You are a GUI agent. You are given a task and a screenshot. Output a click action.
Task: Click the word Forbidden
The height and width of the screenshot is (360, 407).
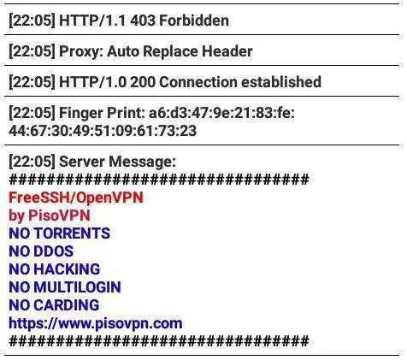(x=194, y=21)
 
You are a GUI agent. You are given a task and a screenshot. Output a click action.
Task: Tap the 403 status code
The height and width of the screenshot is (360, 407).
(x=143, y=21)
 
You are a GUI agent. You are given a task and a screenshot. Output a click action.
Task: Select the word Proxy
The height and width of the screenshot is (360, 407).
(x=81, y=51)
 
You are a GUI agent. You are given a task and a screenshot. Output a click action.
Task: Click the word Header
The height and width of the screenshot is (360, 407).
(x=227, y=51)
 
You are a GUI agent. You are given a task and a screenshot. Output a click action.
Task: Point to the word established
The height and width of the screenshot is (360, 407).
(x=281, y=82)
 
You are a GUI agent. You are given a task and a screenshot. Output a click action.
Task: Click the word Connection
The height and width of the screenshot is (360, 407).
(x=198, y=82)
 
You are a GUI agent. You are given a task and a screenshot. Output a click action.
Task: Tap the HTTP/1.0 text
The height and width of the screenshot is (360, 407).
(x=92, y=82)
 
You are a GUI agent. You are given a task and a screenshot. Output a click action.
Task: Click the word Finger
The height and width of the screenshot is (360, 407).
(x=80, y=113)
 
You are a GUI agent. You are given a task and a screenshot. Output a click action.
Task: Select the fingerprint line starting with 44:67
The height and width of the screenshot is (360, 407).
(x=103, y=131)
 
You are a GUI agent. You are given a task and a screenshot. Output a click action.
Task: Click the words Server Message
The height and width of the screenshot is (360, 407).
(x=117, y=162)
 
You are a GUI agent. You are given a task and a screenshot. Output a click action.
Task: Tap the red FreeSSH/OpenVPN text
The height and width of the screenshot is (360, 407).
(x=76, y=198)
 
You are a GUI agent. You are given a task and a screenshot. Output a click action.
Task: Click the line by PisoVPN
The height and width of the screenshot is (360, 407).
(x=50, y=215)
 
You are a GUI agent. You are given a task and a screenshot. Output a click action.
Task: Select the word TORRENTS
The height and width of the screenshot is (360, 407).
(x=72, y=233)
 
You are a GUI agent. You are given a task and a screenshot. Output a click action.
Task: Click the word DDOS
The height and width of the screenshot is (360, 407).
(x=54, y=251)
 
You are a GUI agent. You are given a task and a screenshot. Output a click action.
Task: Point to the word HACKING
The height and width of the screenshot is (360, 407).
(x=67, y=269)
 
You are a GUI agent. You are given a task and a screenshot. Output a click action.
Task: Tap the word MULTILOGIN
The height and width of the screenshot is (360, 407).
(x=78, y=287)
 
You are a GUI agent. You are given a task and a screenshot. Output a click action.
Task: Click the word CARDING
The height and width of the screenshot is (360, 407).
(x=67, y=305)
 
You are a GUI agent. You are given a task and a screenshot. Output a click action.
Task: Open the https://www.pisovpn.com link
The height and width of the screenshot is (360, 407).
(x=96, y=323)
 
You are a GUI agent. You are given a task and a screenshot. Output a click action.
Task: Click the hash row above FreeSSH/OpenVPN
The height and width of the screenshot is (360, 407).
(x=159, y=180)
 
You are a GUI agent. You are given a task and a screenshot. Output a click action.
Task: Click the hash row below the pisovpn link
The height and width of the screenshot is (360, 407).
(x=159, y=341)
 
